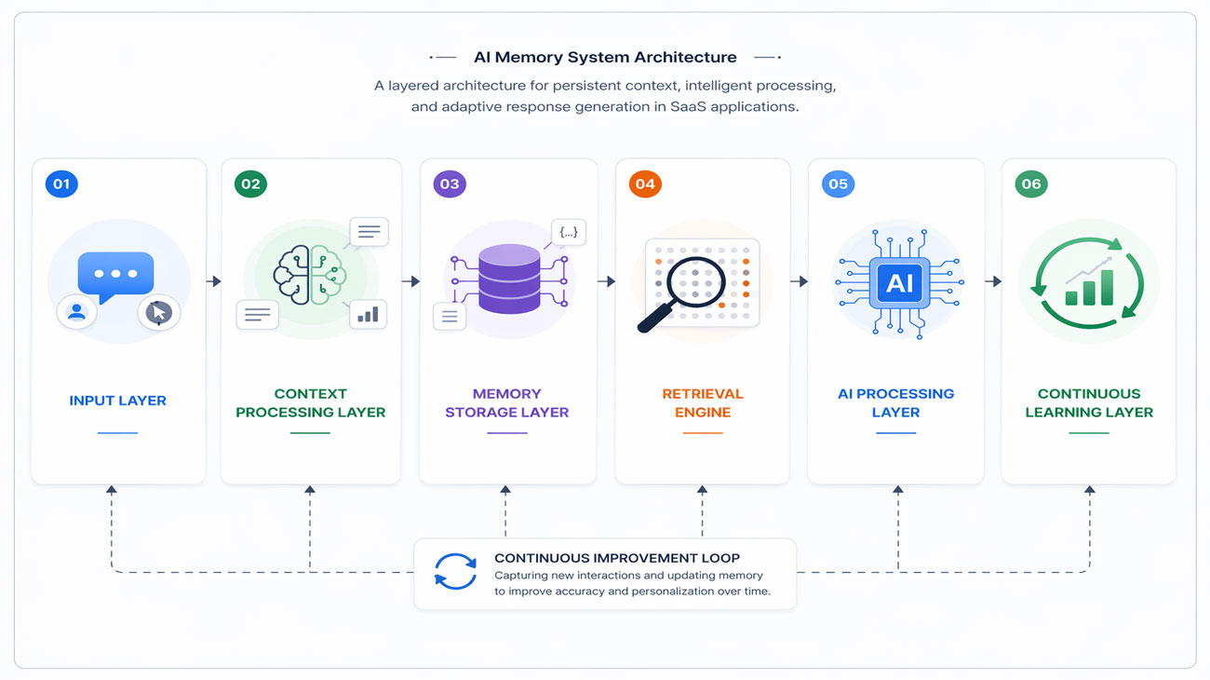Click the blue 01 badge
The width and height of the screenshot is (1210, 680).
point(61,184)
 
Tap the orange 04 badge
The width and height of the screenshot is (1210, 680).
point(645,184)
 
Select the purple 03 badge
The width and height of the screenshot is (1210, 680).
point(450,184)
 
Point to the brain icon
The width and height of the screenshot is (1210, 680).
point(310,275)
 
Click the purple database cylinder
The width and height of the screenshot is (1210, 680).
point(509,279)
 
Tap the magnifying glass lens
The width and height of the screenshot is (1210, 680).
point(696,282)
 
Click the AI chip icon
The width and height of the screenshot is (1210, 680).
point(899,282)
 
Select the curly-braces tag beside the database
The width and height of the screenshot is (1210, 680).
point(569,233)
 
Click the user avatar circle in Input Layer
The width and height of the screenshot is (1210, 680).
point(76,312)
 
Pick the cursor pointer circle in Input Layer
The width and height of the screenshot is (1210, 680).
point(159,312)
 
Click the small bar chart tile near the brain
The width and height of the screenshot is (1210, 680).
point(368,315)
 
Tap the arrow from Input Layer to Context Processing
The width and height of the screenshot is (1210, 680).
point(214,281)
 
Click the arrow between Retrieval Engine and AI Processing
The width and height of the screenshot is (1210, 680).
point(799,281)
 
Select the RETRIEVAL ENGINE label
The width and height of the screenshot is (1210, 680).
point(703,402)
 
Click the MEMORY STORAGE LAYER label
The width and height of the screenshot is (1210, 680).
point(506,402)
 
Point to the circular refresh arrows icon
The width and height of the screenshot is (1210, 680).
point(455,571)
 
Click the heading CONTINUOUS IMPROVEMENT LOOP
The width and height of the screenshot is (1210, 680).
point(617,558)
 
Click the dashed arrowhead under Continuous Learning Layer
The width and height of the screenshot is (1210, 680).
point(1090,490)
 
